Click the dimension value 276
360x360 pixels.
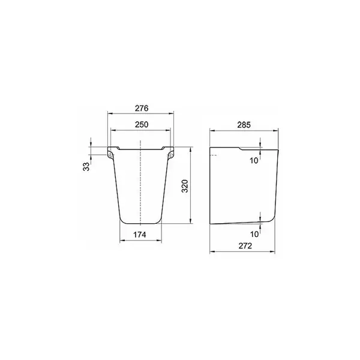pyautogui.click(x=142, y=108)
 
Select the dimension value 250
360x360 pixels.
pyautogui.click(x=142, y=125)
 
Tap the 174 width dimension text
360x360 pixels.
pyautogui.click(x=140, y=235)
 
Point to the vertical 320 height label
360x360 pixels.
pyautogui.click(x=185, y=186)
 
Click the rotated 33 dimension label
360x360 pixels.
pyautogui.click(x=86, y=166)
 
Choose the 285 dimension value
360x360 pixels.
pyautogui.click(x=244, y=125)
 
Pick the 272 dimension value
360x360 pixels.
pyautogui.click(x=245, y=246)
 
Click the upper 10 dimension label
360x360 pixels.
pyautogui.click(x=254, y=161)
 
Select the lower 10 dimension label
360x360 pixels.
pyautogui.click(x=254, y=234)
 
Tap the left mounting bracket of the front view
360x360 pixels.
pyautogui.click(x=110, y=154)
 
